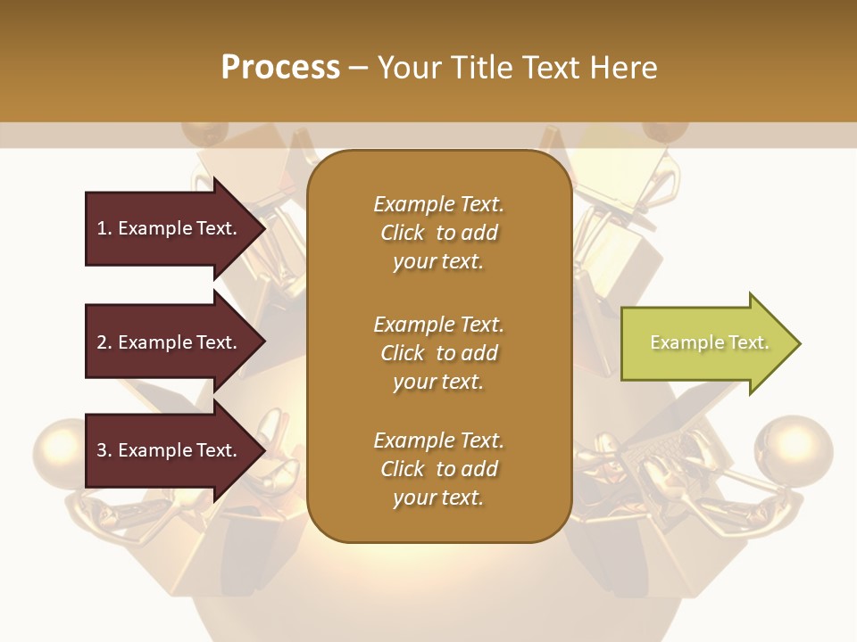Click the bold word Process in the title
coord(280,68)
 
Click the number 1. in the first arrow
coord(104,228)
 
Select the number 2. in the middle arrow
coord(104,342)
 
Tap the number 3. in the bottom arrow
coord(104,450)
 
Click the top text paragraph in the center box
coord(438,233)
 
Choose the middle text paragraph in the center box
coord(438,353)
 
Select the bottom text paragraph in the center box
coord(438,469)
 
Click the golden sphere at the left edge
coord(61,451)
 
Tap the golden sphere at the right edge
coord(793,449)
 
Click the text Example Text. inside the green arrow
coord(709,342)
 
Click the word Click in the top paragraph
coord(403,233)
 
